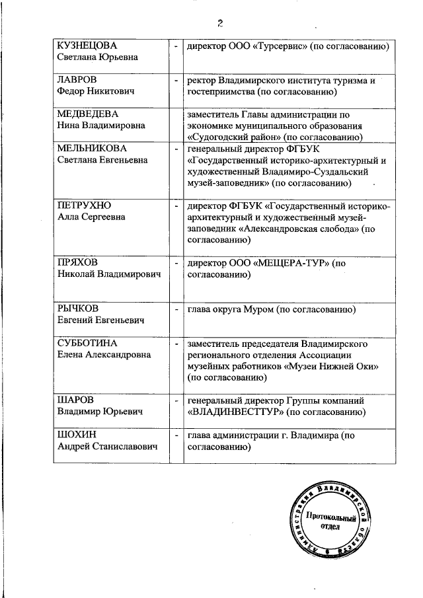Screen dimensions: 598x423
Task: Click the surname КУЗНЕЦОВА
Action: pos(87,46)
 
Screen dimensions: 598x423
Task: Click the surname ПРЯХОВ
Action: pos(78,263)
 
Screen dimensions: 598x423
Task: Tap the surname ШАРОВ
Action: pos(75,400)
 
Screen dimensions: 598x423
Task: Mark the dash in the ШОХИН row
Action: pos(176,435)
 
